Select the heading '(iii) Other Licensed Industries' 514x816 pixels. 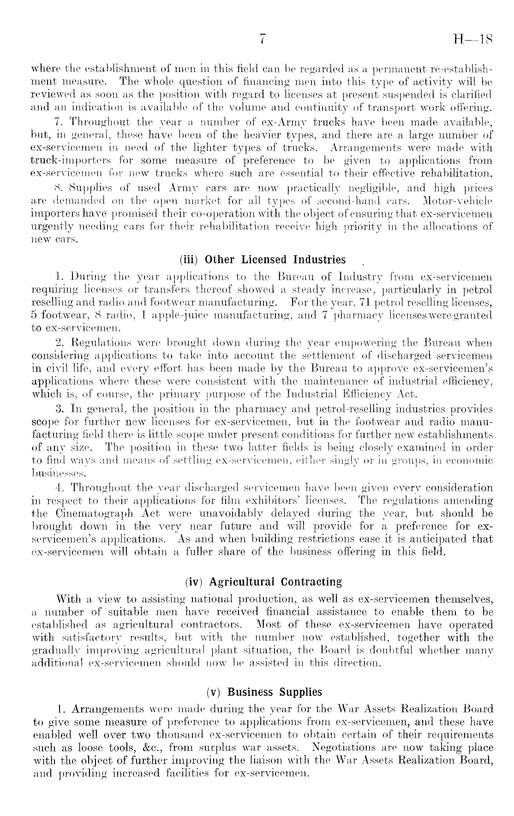[265, 259]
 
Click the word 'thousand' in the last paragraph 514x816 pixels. [165, 734]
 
